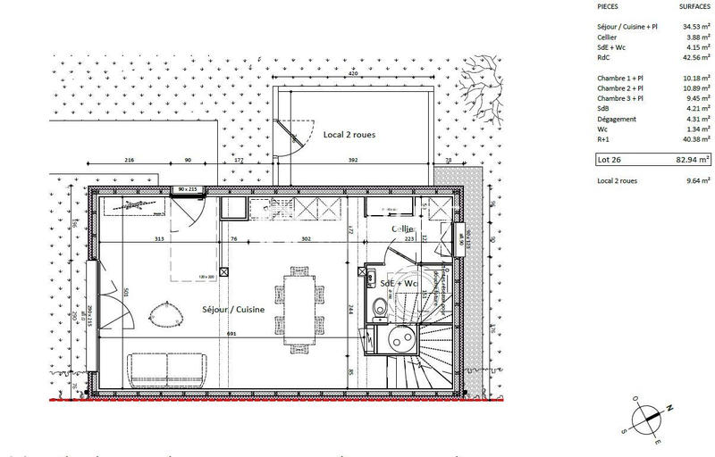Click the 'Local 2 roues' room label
point(349,135)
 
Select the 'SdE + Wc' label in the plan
point(399,283)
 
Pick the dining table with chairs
point(298,304)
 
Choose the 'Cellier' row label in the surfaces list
point(608,37)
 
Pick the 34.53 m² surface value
point(693,26)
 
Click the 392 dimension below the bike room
point(352,161)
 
